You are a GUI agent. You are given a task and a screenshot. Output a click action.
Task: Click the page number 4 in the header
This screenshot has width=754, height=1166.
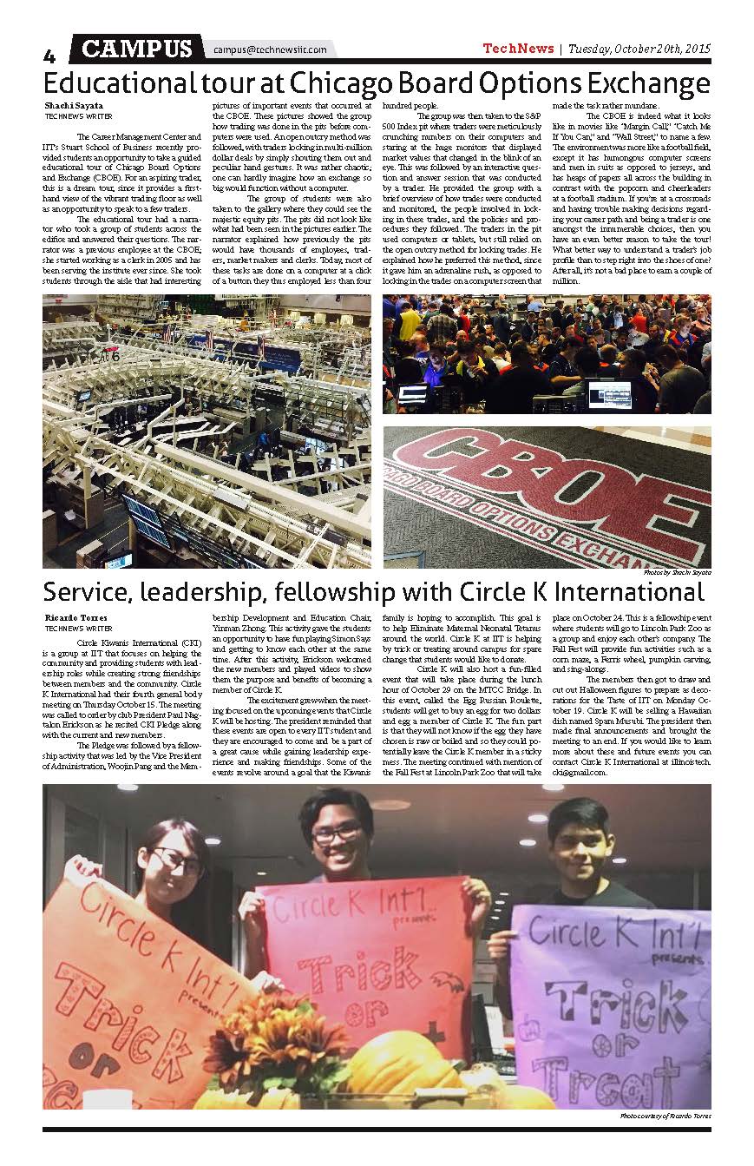(49, 56)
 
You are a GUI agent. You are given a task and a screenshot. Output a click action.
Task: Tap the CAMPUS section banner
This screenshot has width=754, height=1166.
(137, 49)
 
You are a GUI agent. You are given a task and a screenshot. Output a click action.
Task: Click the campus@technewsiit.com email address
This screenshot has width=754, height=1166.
(270, 50)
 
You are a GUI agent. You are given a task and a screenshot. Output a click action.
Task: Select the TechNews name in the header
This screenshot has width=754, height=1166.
(517, 49)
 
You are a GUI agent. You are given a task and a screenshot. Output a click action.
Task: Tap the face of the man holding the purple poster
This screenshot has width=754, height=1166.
(577, 856)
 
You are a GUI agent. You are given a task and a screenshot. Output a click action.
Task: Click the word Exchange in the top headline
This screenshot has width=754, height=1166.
(636, 84)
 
